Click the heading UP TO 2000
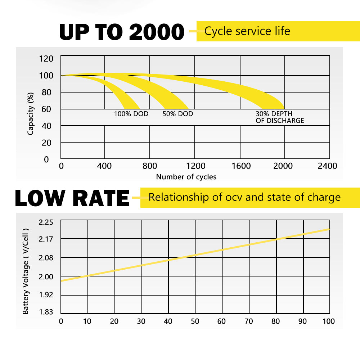pos(122,32)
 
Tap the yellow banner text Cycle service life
pos(247,31)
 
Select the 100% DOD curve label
pos(131,114)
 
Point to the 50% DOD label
pos(177,114)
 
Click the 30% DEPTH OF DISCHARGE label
pos(280,117)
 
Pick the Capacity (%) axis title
pos(31,114)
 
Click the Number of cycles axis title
pos(186,177)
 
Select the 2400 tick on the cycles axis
pos(327,166)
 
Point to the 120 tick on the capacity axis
pos(46,59)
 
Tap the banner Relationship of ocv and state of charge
pos(244,197)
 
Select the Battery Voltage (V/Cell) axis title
pos(26,271)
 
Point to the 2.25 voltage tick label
pos(46,222)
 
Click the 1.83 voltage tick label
pos(46,312)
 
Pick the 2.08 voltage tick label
pos(46,258)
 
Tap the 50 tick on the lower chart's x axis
pos(195,321)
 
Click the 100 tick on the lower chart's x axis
pos(328,321)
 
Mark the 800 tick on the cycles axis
pos(150,166)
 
